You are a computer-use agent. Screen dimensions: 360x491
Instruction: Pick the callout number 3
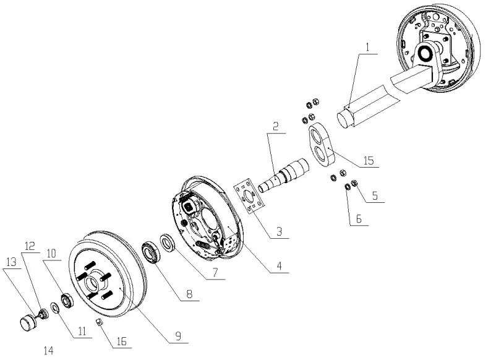(x=279, y=232)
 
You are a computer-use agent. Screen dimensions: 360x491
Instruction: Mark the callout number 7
(x=213, y=271)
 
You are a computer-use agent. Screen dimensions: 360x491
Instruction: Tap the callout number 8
(x=191, y=296)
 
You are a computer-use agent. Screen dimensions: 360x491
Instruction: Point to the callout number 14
(x=49, y=351)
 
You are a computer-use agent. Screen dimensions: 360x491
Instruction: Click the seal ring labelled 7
(x=167, y=241)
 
